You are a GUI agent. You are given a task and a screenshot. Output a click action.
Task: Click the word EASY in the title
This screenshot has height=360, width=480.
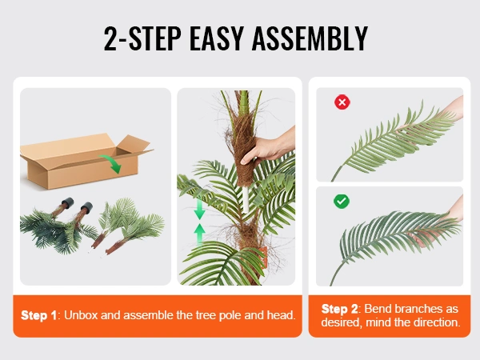[x=217, y=38]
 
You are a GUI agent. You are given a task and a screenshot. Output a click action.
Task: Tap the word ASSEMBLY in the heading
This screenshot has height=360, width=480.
[x=310, y=38]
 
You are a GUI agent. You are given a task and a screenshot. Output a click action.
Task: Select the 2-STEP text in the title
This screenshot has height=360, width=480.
[x=142, y=38]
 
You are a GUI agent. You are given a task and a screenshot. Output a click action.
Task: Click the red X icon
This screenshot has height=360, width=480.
[x=342, y=102]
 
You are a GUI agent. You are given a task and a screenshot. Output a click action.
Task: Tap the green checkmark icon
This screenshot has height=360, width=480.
[x=342, y=202]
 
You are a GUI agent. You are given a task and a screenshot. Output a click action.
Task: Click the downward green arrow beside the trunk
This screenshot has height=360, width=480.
[x=199, y=209]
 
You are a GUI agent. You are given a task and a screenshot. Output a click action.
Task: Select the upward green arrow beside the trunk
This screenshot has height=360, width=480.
[x=199, y=234]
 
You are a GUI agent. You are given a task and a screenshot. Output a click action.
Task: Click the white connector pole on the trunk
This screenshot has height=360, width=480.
[x=246, y=199]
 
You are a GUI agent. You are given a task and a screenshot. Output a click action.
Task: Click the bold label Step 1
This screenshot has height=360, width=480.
[x=38, y=315]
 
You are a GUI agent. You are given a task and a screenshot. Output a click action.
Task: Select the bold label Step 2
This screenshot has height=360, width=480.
[x=339, y=309]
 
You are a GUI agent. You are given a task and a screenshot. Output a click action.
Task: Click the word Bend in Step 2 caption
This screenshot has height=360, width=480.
[x=374, y=309]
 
